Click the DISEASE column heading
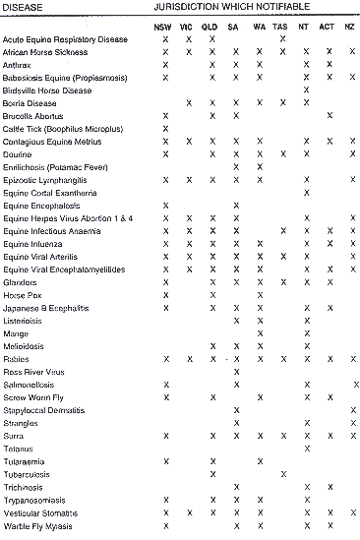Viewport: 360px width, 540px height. pos(22,7)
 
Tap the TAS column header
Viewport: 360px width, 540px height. pos(283,25)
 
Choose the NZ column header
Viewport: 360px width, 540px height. pos(350,25)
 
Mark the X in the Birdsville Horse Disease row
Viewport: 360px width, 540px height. pos(306,90)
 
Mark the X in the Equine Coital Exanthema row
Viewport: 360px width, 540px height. pos(306,192)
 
